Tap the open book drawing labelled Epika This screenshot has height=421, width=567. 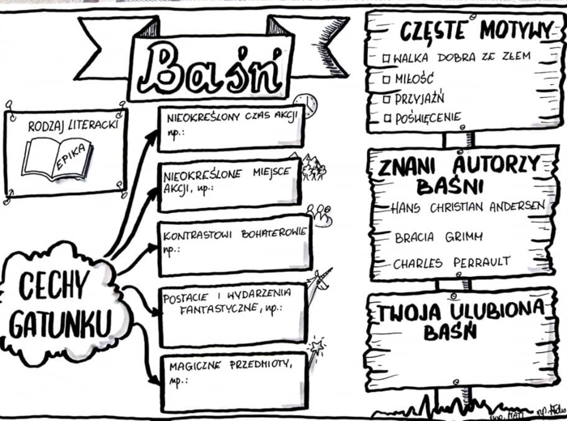coord(57,157)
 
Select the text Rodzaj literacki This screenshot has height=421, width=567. coord(73,127)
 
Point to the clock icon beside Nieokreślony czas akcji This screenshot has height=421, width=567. coord(305,104)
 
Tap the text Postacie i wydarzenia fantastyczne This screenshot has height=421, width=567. coord(220,302)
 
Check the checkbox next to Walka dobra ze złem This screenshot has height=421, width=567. coord(386,57)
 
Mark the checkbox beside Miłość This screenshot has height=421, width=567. coord(386,79)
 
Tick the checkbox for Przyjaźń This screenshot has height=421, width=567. coord(386,98)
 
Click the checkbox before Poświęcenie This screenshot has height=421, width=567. coord(386,119)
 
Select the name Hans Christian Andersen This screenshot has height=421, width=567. coord(467,206)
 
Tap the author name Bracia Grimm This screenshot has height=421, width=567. coord(437,236)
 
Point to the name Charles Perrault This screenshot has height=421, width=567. coord(451,263)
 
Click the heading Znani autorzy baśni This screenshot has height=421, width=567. coord(458,175)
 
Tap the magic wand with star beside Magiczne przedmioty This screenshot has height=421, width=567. coord(316,351)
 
